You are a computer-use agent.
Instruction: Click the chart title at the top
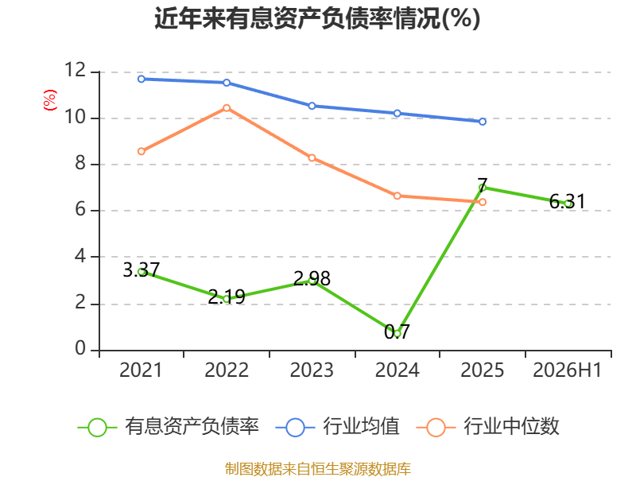click(x=317, y=18)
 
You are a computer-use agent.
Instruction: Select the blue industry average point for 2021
click(x=142, y=79)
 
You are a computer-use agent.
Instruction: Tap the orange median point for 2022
click(x=227, y=108)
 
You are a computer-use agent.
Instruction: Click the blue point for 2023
click(x=312, y=106)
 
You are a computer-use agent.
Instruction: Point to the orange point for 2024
click(x=397, y=196)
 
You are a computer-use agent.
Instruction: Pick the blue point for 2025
click(x=483, y=122)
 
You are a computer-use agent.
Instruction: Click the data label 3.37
click(x=142, y=270)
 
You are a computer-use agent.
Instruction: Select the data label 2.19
click(x=227, y=297)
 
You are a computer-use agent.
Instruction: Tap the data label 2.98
click(x=312, y=279)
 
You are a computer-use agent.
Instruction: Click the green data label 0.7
click(x=397, y=332)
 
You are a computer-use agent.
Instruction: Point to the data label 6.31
click(x=568, y=202)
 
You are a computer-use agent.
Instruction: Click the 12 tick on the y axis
click(x=76, y=70)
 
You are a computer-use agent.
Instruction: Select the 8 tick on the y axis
click(x=80, y=163)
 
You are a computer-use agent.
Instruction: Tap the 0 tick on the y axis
click(x=80, y=348)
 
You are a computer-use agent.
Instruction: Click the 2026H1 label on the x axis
click(x=567, y=370)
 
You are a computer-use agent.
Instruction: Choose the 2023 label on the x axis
click(x=312, y=370)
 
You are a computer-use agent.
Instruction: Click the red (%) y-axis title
click(x=50, y=100)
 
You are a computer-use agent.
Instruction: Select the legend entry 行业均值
click(x=338, y=427)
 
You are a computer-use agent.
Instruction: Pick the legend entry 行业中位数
click(x=488, y=427)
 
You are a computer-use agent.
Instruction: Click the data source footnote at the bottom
click(x=317, y=469)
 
